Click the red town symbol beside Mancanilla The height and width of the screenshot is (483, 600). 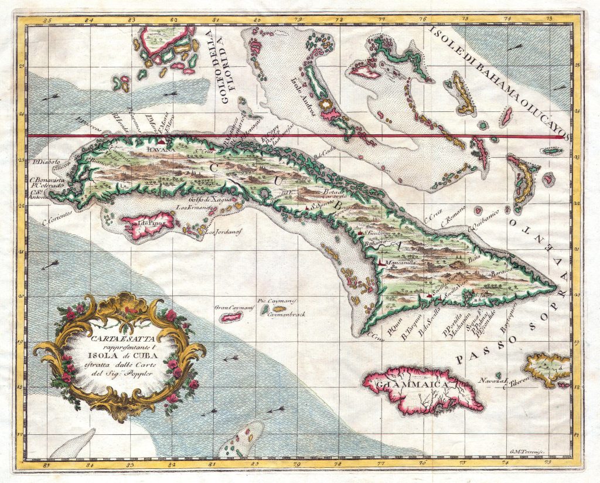[x=381, y=263]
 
